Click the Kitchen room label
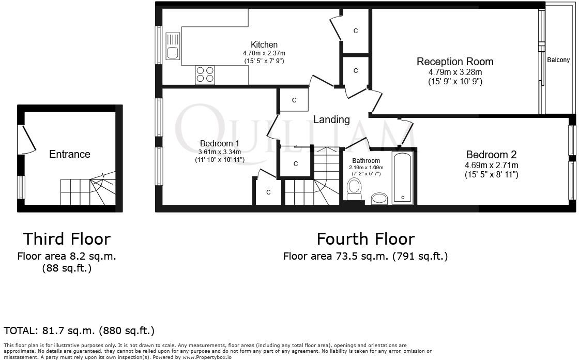point(264,45)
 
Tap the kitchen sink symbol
point(173,46)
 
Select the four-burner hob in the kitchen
point(205,75)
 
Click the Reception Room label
point(455,62)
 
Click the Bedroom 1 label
point(220,143)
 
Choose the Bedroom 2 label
point(491,155)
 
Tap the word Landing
point(331,119)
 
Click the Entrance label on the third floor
point(69,154)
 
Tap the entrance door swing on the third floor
point(27,139)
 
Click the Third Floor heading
point(66,239)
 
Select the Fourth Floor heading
point(365,239)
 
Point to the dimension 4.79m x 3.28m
point(455,72)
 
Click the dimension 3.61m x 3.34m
point(220,152)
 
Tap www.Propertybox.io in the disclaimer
point(205,357)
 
